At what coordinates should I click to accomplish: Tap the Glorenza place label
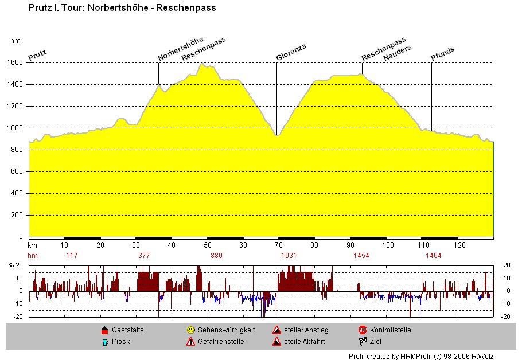[x=291, y=52]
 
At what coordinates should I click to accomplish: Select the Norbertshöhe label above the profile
[x=180, y=49]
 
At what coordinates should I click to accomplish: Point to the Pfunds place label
[x=442, y=53]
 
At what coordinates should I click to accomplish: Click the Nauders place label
[x=397, y=52]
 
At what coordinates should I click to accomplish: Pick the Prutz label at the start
[x=37, y=55]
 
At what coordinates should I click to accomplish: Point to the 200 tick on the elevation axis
[x=19, y=215]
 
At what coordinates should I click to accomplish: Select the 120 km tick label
[x=459, y=245]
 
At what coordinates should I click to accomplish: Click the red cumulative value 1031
[x=289, y=256]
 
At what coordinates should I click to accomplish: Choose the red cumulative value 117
[x=72, y=256]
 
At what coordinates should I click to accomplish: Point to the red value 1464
[x=433, y=256]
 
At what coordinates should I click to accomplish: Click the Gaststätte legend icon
[x=104, y=330]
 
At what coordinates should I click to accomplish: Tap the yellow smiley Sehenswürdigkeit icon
[x=190, y=330]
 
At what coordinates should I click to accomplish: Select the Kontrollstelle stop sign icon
[x=363, y=330]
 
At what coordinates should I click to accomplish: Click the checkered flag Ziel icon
[x=363, y=342]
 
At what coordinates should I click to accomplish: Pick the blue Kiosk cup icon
[x=104, y=342]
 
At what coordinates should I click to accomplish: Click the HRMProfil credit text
[x=420, y=356]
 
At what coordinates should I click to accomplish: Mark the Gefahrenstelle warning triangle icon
[x=190, y=342]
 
